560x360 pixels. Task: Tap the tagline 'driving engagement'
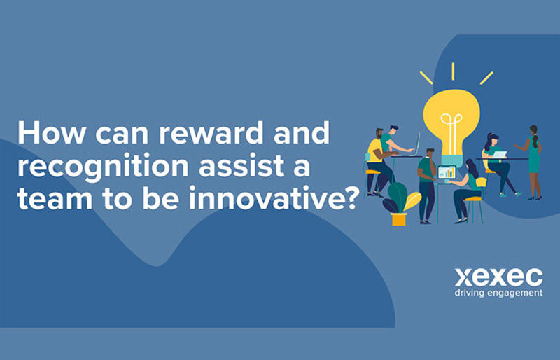coord(498,292)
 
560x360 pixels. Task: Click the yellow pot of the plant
coord(399,219)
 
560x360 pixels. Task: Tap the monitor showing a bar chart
coord(447,172)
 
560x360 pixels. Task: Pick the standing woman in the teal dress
coord(533,160)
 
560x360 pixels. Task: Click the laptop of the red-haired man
coord(414,144)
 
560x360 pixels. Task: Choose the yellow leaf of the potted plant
coord(412,200)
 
